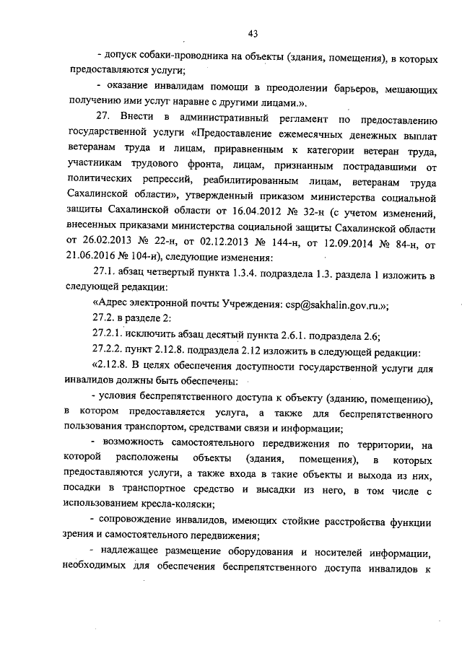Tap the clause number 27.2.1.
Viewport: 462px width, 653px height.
point(109,336)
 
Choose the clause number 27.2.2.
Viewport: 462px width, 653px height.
point(109,351)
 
